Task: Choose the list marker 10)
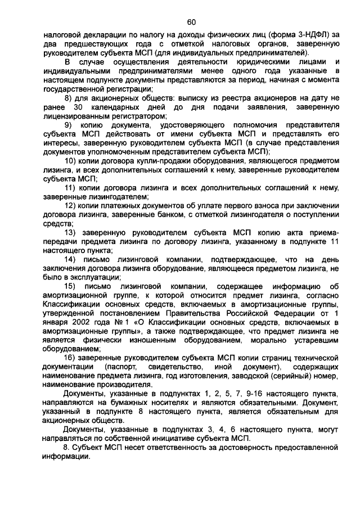tap(71, 160)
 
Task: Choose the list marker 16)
tap(71, 358)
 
